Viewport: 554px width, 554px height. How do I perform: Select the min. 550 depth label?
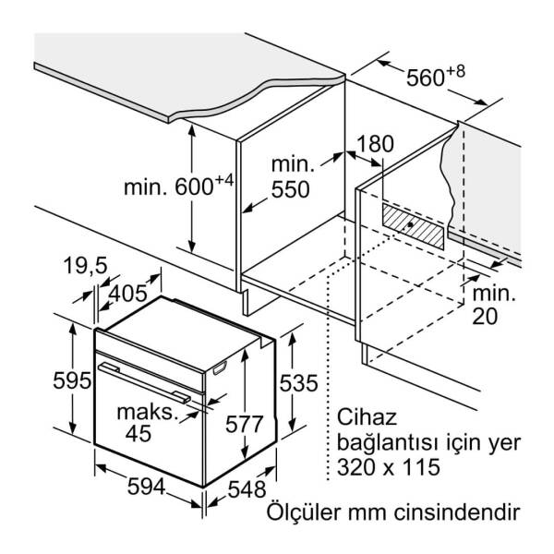click(291, 178)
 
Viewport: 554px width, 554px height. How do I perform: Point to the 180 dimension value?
click(374, 144)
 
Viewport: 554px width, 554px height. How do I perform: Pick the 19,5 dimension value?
click(87, 267)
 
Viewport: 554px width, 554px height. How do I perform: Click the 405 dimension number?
click(127, 295)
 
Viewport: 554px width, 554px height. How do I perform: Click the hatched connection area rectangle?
click(415, 225)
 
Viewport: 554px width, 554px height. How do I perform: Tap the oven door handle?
click(148, 381)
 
